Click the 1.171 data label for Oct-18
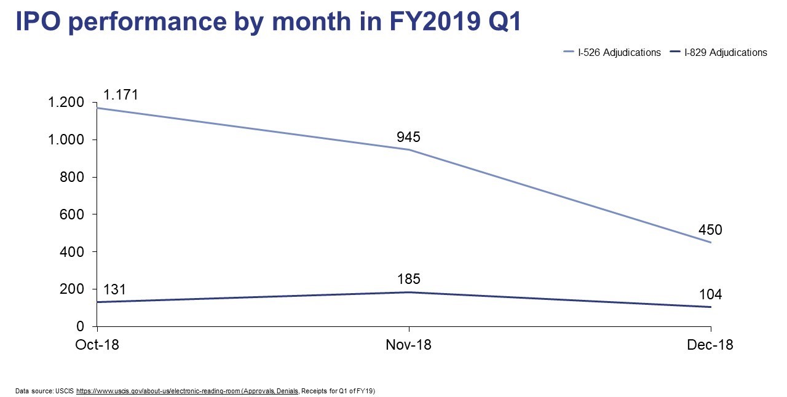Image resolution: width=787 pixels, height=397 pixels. tap(121, 95)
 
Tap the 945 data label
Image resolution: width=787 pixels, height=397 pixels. tap(408, 136)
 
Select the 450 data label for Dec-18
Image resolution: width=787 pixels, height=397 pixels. tap(710, 230)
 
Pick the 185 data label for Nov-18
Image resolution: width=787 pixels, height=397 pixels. tap(408, 279)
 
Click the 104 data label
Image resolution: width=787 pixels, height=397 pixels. tap(710, 295)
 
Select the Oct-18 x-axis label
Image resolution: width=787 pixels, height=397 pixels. tap(97, 345)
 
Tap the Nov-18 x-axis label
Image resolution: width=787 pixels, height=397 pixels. tap(408, 345)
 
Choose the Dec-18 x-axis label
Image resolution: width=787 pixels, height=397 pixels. tap(710, 345)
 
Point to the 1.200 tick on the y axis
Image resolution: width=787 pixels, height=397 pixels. tap(65, 103)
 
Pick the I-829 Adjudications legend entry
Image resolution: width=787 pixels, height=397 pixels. tap(724, 53)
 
